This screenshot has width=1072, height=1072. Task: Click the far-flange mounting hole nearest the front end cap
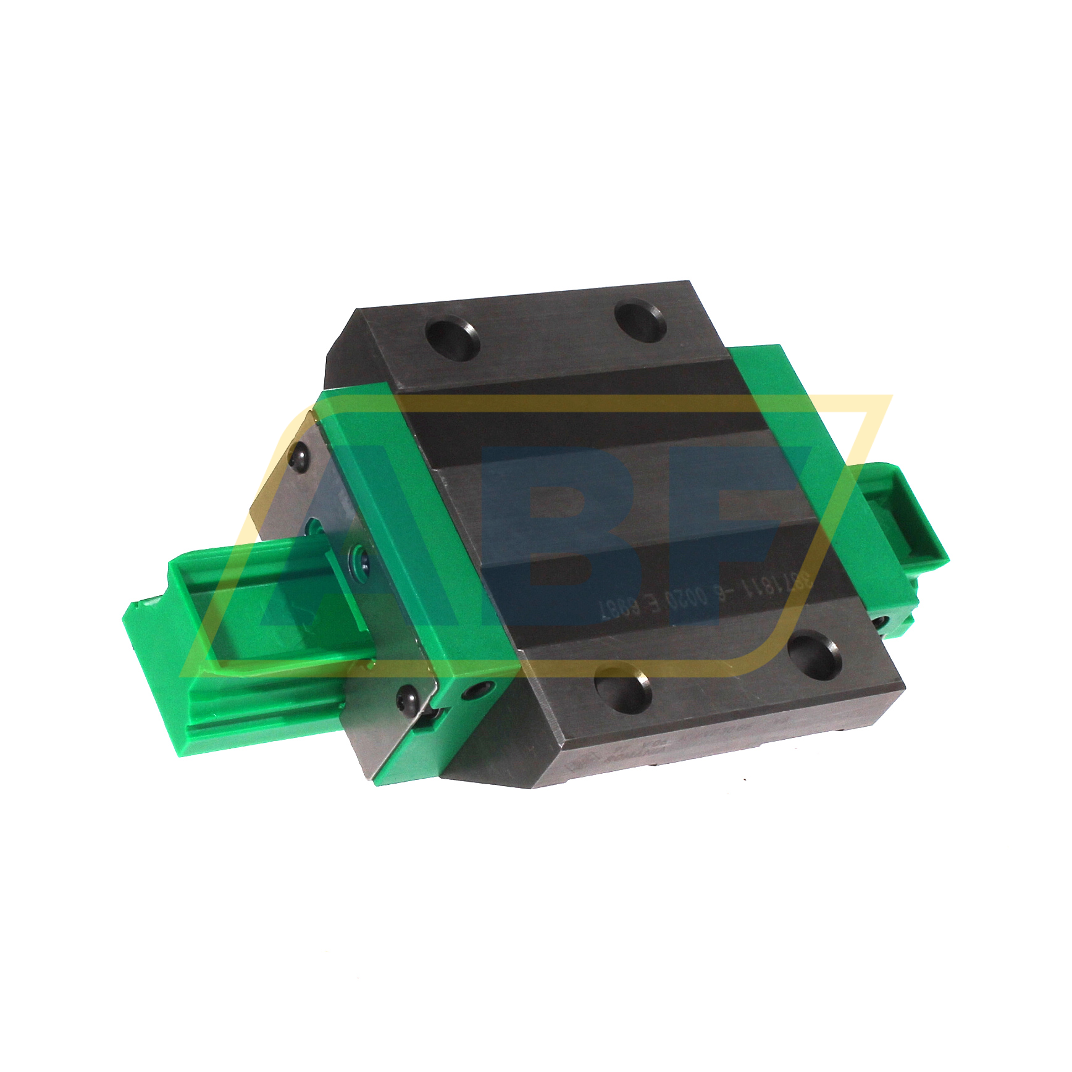[454, 339]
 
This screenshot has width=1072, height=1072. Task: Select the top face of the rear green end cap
[797, 432]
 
